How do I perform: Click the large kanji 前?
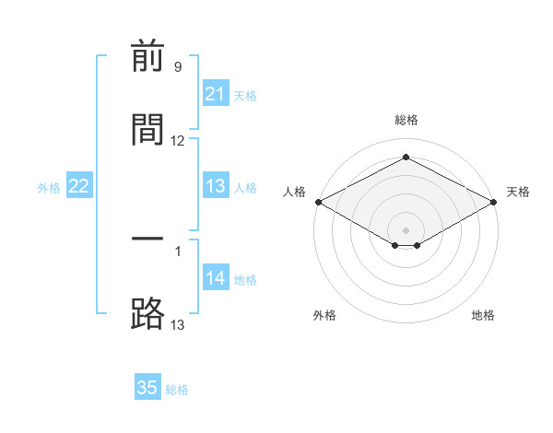coord(147,55)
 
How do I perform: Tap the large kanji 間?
coord(147,129)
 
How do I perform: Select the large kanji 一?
coord(147,239)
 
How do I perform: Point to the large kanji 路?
coord(147,313)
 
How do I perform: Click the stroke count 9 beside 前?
coord(178,66)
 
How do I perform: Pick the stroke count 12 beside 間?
coord(177,141)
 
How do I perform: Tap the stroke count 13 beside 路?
coord(177,324)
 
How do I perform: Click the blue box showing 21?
coord(216,93)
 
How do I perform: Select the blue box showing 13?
coord(216,185)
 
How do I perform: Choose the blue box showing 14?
coord(216,276)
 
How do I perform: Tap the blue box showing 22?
coord(79,185)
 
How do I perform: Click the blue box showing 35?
coord(147,386)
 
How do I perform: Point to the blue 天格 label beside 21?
coord(245,96)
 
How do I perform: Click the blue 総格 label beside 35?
coord(177,390)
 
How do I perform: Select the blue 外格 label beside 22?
coord(49,188)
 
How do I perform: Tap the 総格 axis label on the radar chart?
coord(406,120)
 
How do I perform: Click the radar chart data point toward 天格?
coord(494,202)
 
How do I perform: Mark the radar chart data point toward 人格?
coord(319,202)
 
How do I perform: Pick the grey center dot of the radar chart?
coord(406,230)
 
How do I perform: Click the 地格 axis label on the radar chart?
coord(483,315)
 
